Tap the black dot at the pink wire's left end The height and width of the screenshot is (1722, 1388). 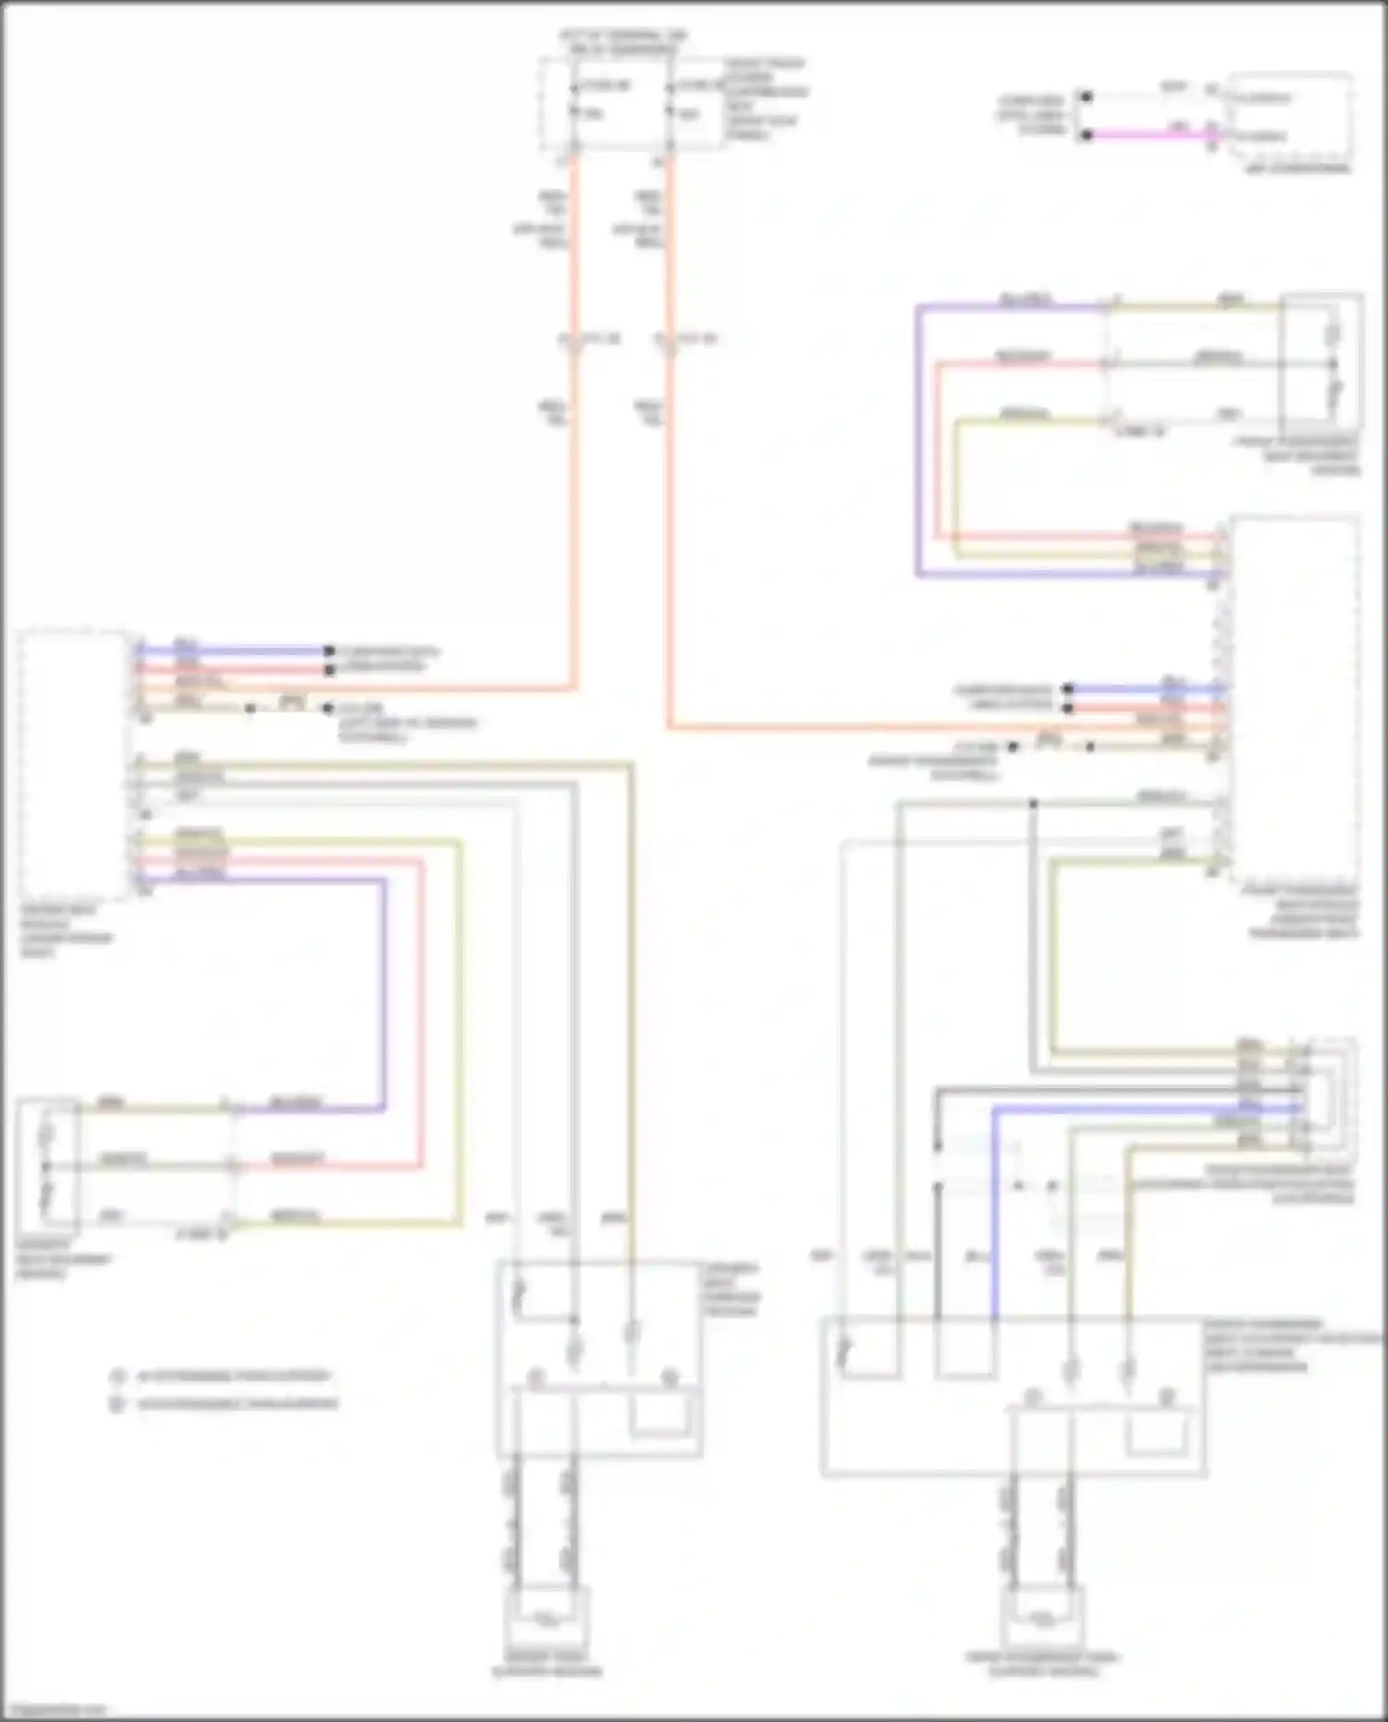(1088, 135)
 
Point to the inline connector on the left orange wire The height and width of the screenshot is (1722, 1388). (574, 341)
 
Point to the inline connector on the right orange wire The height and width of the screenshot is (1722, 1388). (669, 341)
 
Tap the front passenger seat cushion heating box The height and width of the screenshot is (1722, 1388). (1043, 1618)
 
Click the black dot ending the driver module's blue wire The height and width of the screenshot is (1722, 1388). (328, 650)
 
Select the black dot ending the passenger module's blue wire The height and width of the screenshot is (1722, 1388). (1068, 688)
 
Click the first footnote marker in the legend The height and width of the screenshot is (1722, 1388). (118, 1377)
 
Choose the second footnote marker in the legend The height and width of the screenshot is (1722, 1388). (118, 1405)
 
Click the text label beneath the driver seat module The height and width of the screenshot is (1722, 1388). (67, 931)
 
